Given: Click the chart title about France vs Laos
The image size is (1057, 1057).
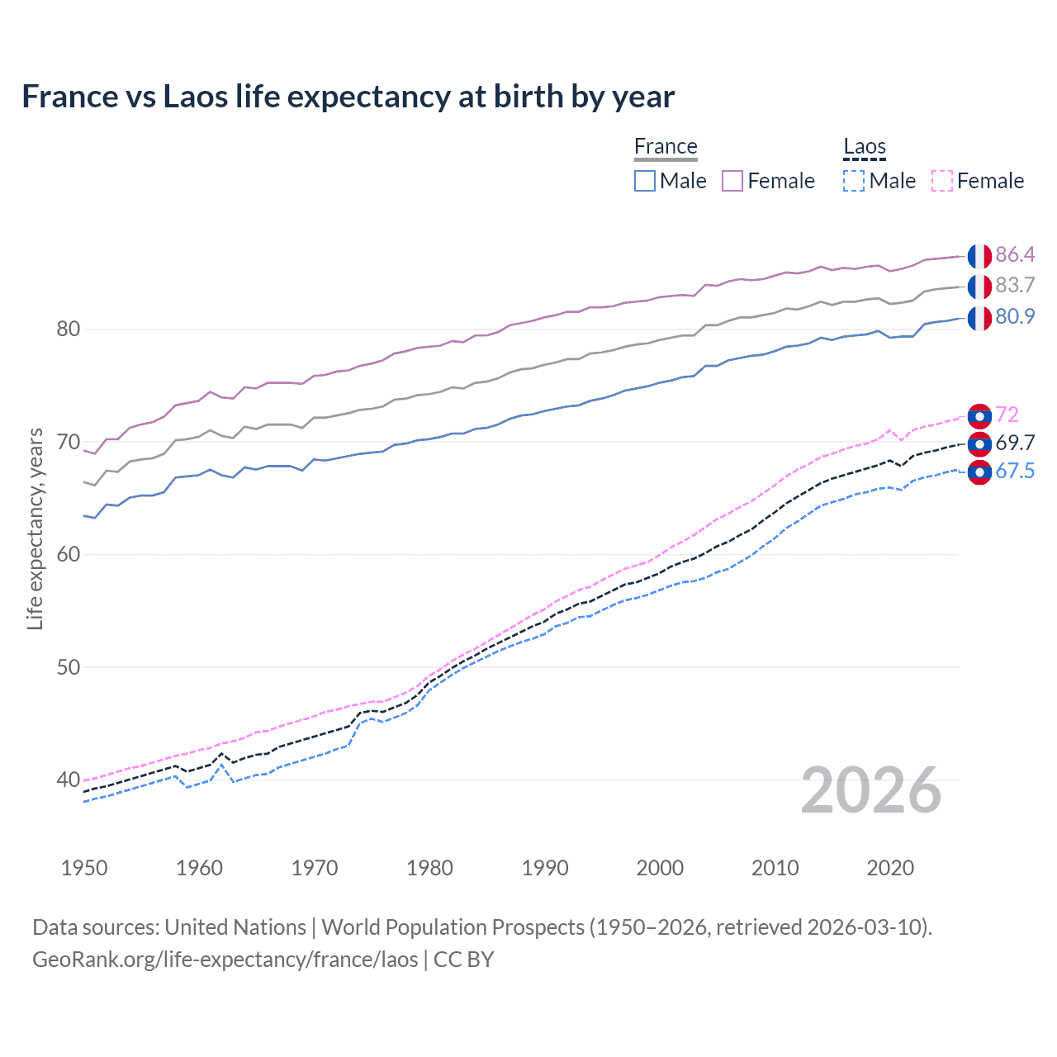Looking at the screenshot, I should pyautogui.click(x=348, y=97).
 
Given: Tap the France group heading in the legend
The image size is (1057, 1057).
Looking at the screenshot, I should pyautogui.click(x=666, y=146).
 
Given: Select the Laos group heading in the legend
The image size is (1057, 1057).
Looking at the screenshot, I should pyautogui.click(x=864, y=147).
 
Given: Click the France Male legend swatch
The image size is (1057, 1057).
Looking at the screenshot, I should pyautogui.click(x=645, y=181).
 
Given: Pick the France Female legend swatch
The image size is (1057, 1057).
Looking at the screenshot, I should pyautogui.click(x=732, y=181).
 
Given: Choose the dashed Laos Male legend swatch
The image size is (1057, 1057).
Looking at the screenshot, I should pyautogui.click(x=854, y=181).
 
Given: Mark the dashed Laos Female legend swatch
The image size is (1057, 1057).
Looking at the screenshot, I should pyautogui.click(x=942, y=181).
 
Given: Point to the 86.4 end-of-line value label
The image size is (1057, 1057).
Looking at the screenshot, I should pyautogui.click(x=1015, y=254).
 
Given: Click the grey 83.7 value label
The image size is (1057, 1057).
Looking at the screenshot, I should pyautogui.click(x=1015, y=286).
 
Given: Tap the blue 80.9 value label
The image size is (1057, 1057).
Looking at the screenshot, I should pyautogui.click(x=1015, y=317).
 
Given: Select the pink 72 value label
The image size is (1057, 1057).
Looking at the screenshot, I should pyautogui.click(x=1007, y=415).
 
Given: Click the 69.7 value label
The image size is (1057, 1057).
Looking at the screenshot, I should pyautogui.click(x=1015, y=443).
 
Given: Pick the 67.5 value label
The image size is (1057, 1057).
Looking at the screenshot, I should pyautogui.click(x=1015, y=472).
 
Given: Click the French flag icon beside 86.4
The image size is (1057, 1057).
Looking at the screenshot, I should pyautogui.click(x=979, y=256).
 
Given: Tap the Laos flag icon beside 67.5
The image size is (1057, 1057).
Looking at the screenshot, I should pyautogui.click(x=979, y=472).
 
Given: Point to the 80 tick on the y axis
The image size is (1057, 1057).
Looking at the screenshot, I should pyautogui.click(x=68, y=329).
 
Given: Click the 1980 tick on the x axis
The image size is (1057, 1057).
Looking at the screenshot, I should pyautogui.click(x=429, y=868).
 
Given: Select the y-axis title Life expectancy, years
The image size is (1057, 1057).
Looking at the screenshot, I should pyautogui.click(x=35, y=528).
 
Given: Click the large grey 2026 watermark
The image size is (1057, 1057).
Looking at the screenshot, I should pyautogui.click(x=870, y=790).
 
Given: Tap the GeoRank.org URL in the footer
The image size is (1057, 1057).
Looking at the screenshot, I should pyautogui.click(x=225, y=960).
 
